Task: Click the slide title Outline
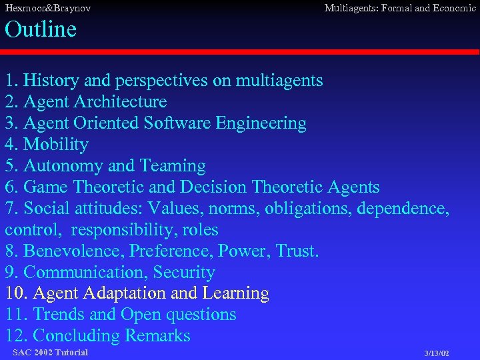(41, 29)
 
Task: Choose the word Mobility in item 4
(56, 145)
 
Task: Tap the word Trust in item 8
(297, 251)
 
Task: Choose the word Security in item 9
(185, 273)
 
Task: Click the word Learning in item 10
(237, 293)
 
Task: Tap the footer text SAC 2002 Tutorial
(50, 352)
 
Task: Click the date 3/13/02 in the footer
(437, 353)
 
